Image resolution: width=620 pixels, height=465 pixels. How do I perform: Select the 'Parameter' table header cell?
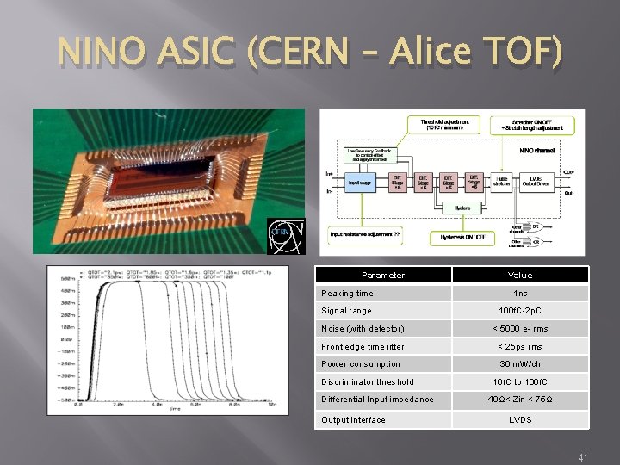(383, 276)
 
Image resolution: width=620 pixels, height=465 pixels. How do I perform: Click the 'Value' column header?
(520, 276)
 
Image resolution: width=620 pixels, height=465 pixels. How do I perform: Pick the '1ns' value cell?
(520, 293)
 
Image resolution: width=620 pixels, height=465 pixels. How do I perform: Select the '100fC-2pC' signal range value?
(520, 310)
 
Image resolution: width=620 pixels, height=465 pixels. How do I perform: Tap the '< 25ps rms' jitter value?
(520, 346)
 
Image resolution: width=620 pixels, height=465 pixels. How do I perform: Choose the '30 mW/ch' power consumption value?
(520, 364)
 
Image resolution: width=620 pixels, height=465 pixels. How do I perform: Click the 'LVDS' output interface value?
(520, 419)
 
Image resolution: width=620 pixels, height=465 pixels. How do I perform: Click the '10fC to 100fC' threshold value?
(520, 381)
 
